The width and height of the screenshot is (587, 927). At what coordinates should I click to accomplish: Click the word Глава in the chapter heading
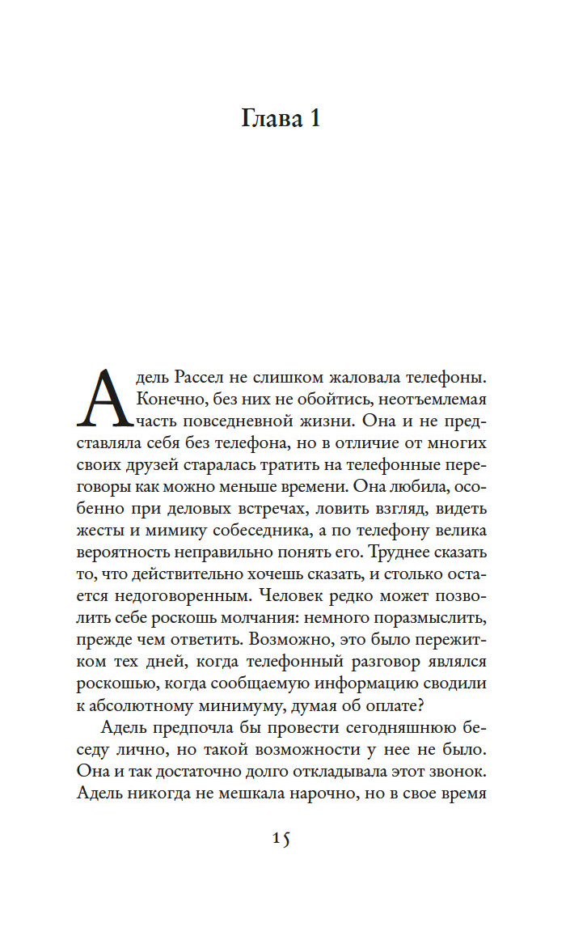(x=268, y=119)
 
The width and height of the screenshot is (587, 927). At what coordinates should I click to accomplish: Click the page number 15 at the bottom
(x=281, y=839)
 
